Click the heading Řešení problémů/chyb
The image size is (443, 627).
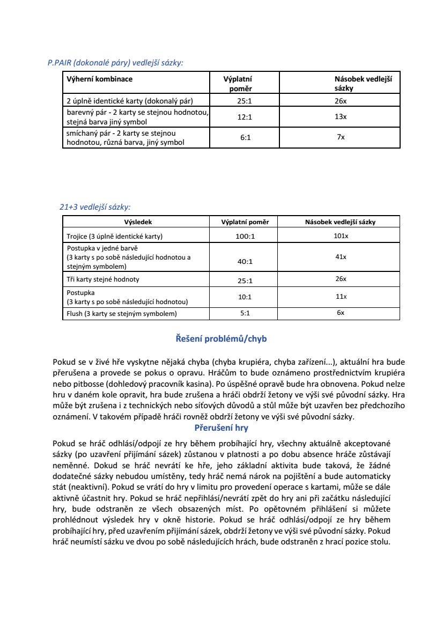pos(221,339)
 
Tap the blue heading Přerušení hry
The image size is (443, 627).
pos(221,428)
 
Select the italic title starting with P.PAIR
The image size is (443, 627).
pos(115,63)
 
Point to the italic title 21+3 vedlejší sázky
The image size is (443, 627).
pos(95,206)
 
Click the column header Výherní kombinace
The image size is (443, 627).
pos(99,79)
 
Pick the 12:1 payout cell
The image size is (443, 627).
pos(245,117)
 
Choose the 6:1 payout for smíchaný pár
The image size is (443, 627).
pos(245,137)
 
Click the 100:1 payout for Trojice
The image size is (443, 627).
pos(245,237)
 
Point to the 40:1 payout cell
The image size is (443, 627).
pos(245,262)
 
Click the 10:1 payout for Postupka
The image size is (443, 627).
pos(245,297)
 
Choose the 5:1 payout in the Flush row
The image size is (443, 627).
pos(245,313)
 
